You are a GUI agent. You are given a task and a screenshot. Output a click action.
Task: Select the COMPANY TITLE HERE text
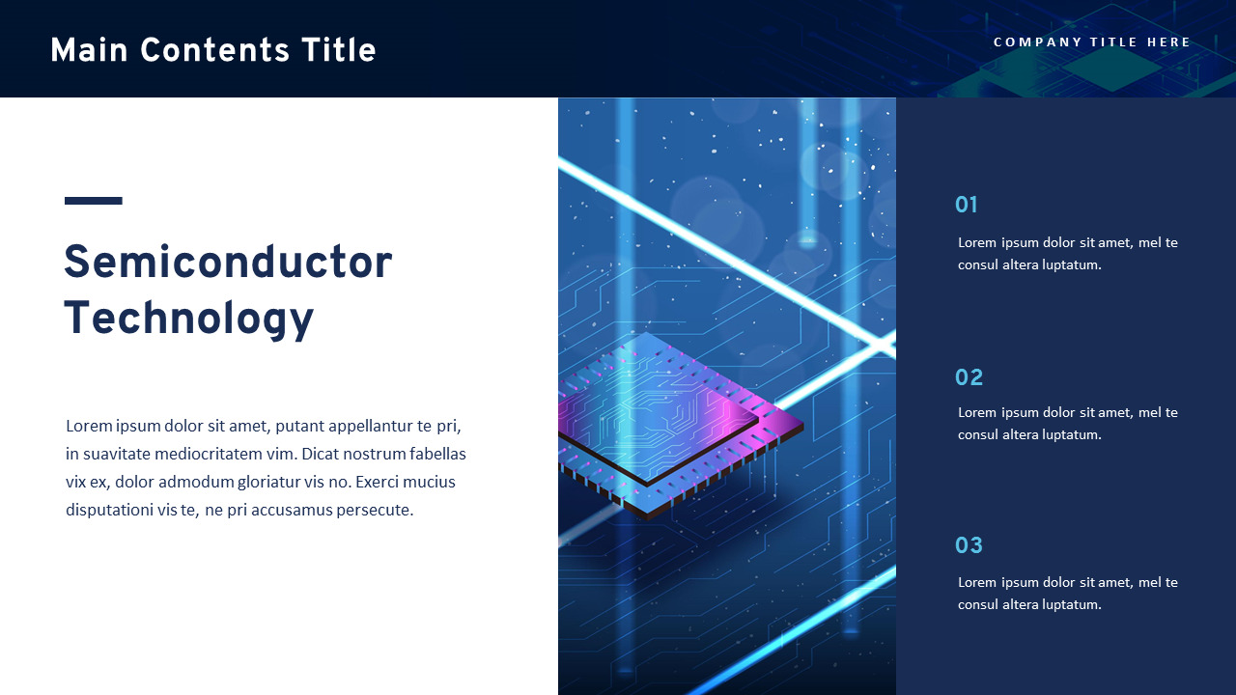pos(1092,42)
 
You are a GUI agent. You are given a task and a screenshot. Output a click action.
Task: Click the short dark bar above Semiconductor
pos(94,201)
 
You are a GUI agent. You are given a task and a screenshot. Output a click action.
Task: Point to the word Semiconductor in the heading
pos(228,263)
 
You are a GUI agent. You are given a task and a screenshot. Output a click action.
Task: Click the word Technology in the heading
pos(189,319)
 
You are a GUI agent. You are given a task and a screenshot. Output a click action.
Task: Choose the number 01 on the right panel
pos(967,205)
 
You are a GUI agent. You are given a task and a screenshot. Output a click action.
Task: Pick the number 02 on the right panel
pos(969,377)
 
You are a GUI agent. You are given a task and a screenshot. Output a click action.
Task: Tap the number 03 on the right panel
pos(969,545)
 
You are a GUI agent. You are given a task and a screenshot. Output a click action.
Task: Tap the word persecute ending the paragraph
pos(374,510)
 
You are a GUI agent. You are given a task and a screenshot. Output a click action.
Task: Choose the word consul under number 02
pos(978,434)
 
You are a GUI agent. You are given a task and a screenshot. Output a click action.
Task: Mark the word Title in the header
pos(338,50)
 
